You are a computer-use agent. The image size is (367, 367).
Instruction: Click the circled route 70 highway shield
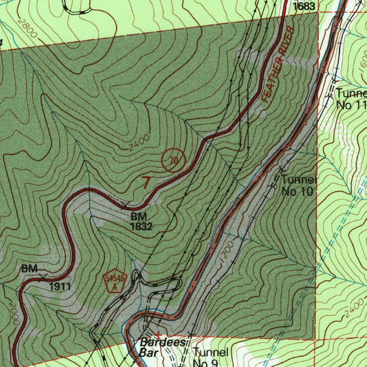(173, 161)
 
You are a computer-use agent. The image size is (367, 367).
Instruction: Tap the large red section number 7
(146, 182)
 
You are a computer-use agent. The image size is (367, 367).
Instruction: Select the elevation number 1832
(142, 227)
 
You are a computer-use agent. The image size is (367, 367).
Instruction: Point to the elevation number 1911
(60, 286)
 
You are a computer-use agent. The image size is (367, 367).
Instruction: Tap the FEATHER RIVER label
(278, 65)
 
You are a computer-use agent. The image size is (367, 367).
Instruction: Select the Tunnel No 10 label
(298, 186)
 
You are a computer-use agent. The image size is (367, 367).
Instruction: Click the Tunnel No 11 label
(351, 99)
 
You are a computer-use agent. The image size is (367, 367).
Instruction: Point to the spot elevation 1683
(304, 6)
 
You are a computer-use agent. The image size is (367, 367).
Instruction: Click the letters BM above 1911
(29, 268)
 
